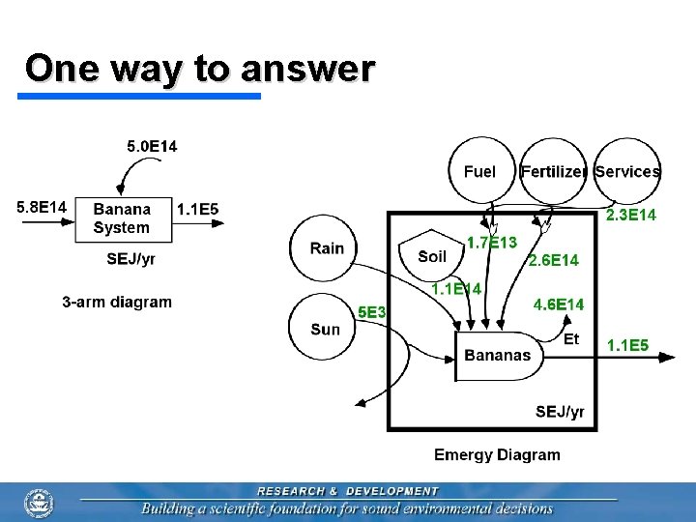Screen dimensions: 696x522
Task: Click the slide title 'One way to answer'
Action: [199, 70]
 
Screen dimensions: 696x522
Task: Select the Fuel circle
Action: [480, 171]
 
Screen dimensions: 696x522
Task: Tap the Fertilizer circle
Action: [553, 171]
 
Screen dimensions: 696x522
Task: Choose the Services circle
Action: [627, 171]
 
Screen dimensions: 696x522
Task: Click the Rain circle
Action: [326, 248]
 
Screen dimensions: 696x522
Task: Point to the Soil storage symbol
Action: [432, 253]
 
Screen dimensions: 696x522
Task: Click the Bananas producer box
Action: [498, 356]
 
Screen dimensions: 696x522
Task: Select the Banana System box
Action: [123, 218]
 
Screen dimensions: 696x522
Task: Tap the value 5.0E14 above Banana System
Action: [153, 147]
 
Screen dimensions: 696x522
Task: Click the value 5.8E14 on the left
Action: [42, 207]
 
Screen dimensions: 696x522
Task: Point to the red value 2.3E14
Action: [630, 216]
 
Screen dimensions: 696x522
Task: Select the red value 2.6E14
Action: [553, 260]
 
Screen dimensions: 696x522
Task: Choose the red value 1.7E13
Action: [491, 242]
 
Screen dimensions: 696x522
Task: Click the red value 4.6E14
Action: [559, 304]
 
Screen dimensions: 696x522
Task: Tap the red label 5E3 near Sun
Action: [372, 312]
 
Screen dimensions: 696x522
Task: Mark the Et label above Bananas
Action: [571, 338]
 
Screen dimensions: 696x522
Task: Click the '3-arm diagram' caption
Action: [117, 302]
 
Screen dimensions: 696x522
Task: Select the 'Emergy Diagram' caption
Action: [497, 454]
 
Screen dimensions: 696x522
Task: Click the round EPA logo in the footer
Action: [39, 502]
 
